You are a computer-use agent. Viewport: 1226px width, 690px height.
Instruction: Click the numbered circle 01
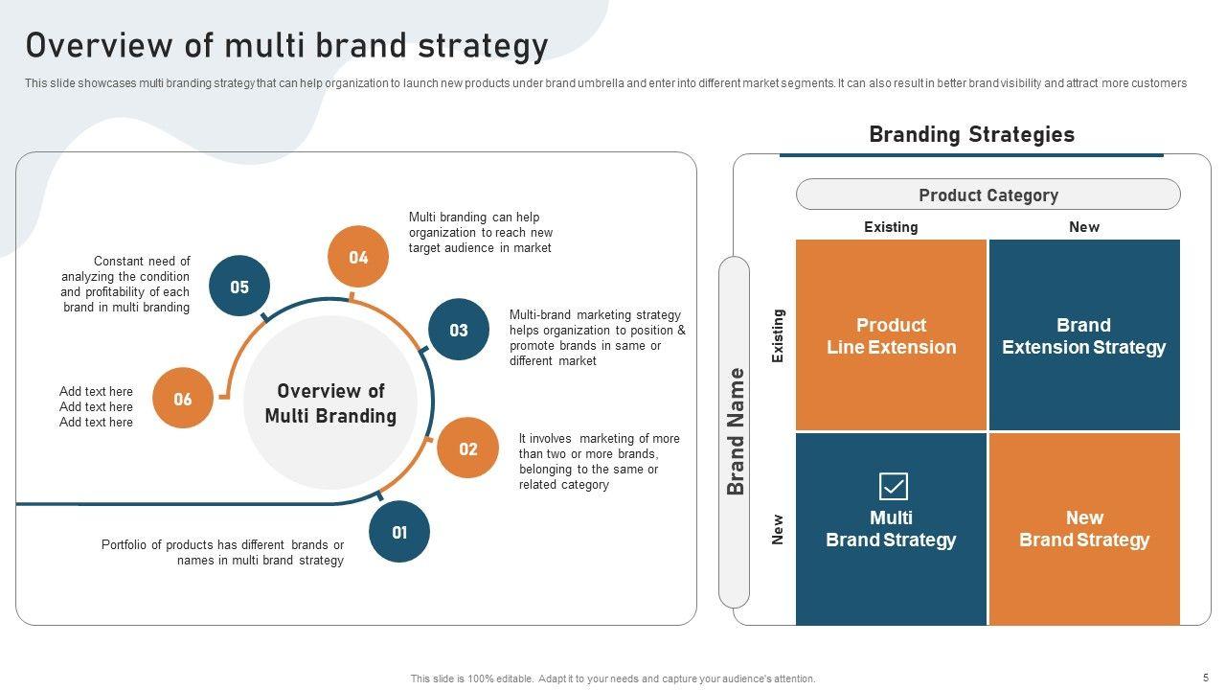point(399,532)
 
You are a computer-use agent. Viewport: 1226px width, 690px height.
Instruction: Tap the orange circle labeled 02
point(467,448)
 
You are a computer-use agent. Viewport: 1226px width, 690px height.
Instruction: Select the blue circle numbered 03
point(459,330)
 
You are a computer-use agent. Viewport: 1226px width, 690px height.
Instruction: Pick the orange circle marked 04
point(358,257)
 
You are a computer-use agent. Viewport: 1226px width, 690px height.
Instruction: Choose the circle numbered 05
point(239,287)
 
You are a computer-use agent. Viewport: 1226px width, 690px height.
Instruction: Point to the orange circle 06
point(183,398)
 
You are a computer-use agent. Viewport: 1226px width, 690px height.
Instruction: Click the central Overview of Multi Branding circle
point(330,403)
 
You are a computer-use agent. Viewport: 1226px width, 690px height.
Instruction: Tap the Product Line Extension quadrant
point(891,335)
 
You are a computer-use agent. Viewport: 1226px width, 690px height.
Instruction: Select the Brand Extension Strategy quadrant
point(1084,335)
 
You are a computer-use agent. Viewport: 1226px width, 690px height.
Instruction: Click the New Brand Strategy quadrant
point(1084,529)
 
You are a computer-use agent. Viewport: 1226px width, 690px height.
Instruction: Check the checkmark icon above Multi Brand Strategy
point(893,487)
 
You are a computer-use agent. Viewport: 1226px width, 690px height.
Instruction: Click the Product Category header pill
point(988,195)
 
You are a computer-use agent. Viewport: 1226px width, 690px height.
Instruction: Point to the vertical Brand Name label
point(735,431)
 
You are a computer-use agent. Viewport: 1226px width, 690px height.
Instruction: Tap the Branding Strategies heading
point(971,134)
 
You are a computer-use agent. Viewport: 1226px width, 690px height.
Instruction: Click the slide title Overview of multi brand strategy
point(286,45)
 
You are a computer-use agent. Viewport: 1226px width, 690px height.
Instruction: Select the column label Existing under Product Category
point(891,227)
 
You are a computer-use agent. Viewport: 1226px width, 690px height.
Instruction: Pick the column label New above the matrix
point(1084,227)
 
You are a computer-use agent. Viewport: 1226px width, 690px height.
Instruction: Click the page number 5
point(1206,677)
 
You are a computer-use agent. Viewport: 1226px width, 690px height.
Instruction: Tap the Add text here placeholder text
point(96,406)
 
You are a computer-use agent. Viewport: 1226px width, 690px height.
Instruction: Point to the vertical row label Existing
point(778,335)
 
